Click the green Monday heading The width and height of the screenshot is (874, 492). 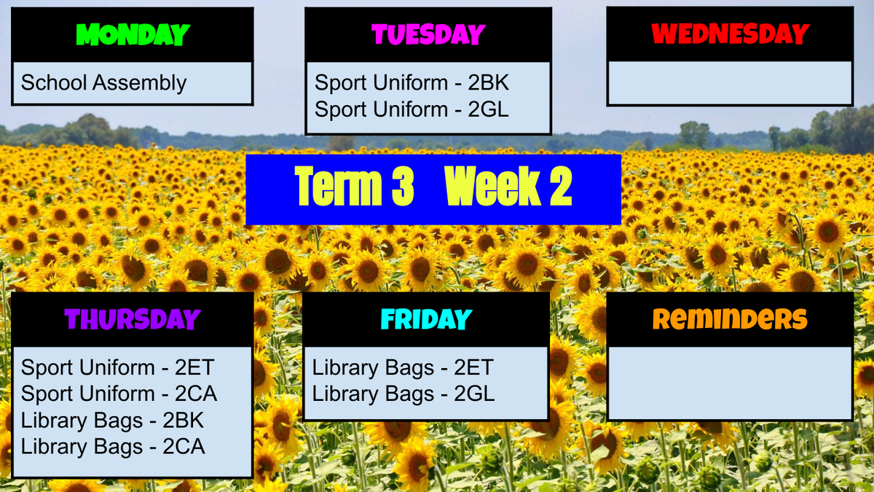click(x=133, y=34)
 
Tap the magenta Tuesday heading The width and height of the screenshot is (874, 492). click(x=428, y=34)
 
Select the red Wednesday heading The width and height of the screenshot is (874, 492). click(x=730, y=34)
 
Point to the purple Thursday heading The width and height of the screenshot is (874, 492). click(x=133, y=319)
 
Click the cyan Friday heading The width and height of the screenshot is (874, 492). click(x=427, y=319)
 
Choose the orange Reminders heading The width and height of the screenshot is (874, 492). click(x=730, y=319)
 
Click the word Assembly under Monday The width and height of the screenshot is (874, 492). click(x=139, y=84)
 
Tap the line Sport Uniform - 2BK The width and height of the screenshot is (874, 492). click(x=412, y=82)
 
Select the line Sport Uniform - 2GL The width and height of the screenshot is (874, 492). click(x=412, y=109)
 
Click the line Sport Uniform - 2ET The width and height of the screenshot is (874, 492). click(x=117, y=367)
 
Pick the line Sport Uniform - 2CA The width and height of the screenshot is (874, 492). click(x=119, y=393)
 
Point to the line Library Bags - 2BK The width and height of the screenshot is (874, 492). click(x=112, y=421)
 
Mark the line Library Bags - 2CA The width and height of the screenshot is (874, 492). click(x=113, y=447)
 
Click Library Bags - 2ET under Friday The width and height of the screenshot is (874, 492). click(x=403, y=368)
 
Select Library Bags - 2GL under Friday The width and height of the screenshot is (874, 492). click(x=403, y=394)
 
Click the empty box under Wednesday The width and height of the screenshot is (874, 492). click(x=730, y=83)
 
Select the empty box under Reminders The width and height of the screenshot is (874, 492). click(x=730, y=383)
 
